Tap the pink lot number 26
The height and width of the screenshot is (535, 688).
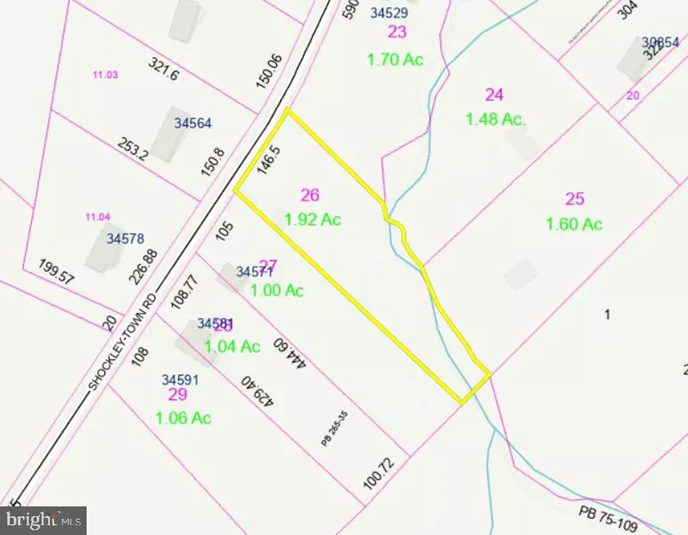[310, 195]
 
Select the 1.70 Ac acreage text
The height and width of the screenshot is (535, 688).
[395, 59]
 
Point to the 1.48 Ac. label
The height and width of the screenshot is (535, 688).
[496, 118]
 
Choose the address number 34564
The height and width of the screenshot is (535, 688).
[193, 124]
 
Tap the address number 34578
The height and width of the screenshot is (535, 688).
[126, 239]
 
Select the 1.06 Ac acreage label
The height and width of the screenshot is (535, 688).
[183, 417]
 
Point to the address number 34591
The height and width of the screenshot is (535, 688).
[181, 379]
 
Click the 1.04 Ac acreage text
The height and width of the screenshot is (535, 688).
[233, 346]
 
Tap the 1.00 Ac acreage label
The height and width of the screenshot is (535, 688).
[277, 290]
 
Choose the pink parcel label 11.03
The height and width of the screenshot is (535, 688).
[105, 75]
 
